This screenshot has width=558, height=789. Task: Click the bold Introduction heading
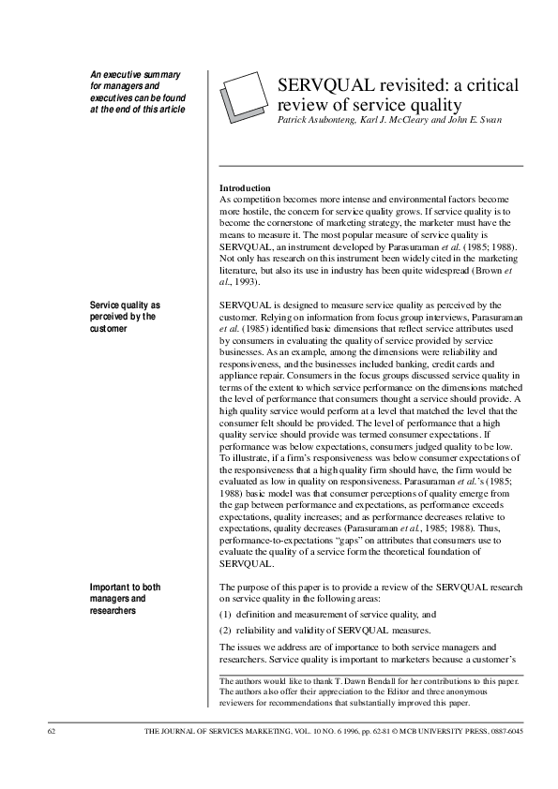[x=245, y=188]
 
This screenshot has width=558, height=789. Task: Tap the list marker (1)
[x=226, y=614]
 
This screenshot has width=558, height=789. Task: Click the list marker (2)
[x=226, y=630]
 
